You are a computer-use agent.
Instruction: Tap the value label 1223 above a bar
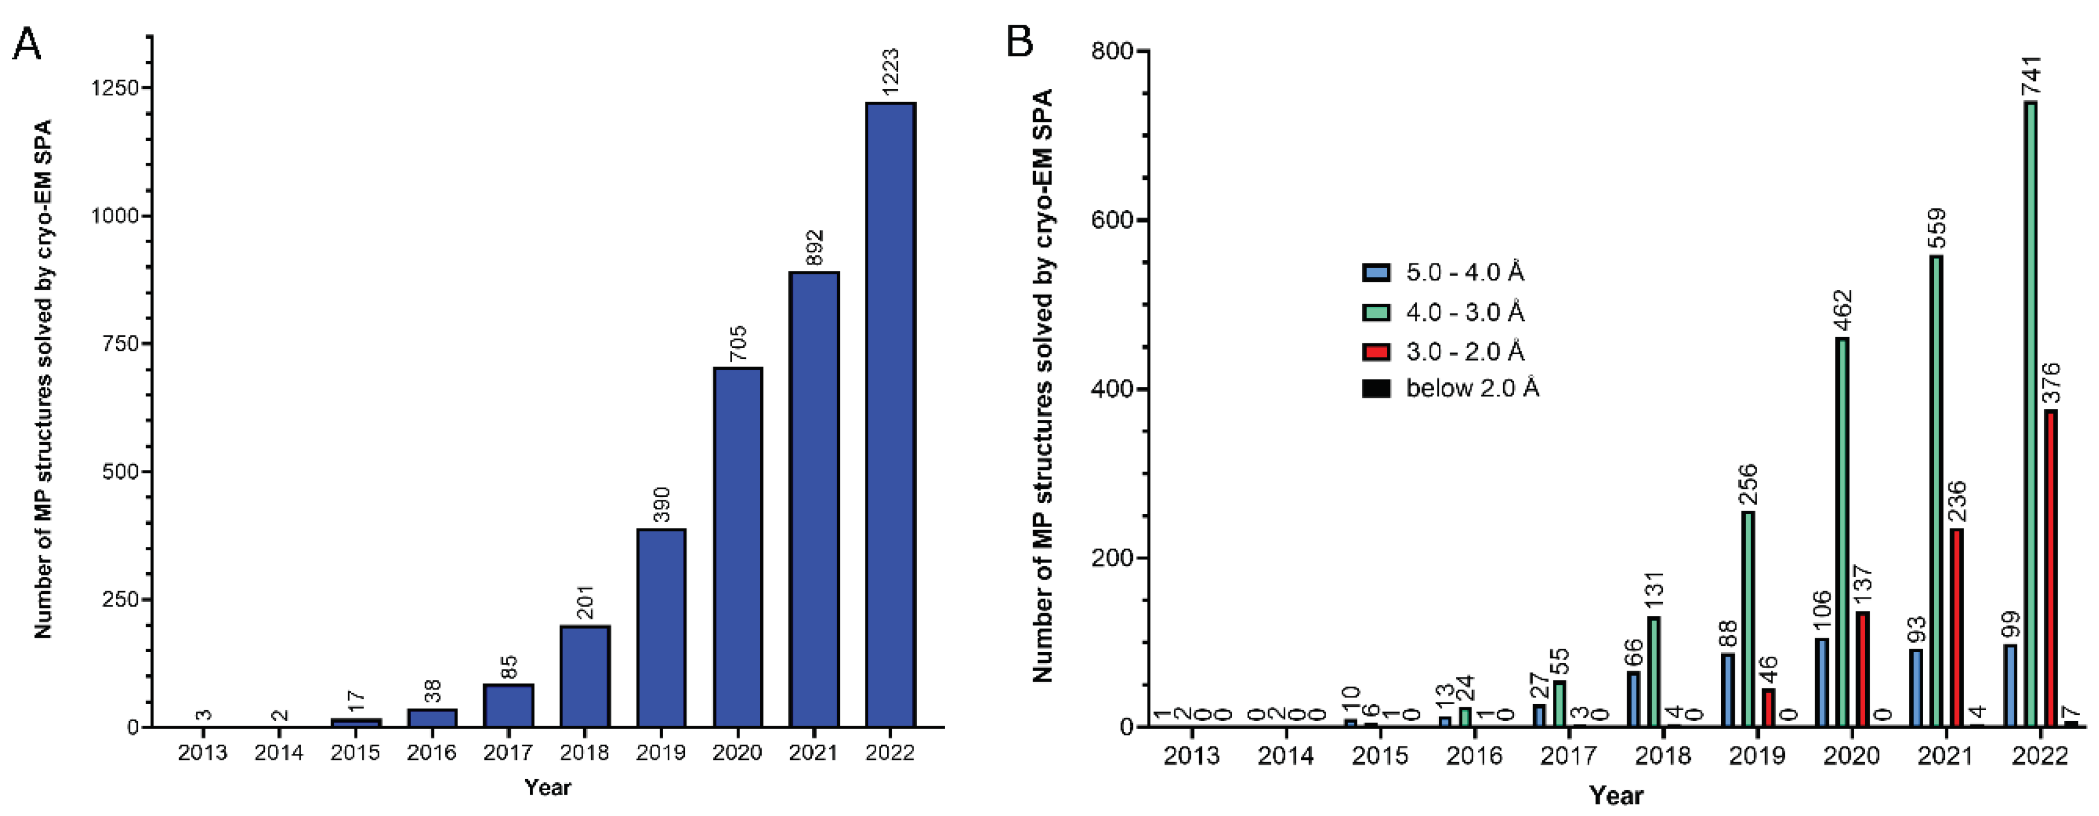click(x=891, y=72)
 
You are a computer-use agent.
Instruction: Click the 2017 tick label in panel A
click(x=507, y=752)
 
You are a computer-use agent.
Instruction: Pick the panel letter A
click(x=27, y=45)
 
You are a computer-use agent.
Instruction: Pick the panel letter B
click(x=1020, y=41)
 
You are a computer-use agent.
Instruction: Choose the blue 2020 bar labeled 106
click(x=1822, y=683)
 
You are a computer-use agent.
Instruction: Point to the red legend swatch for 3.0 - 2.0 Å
click(x=1376, y=351)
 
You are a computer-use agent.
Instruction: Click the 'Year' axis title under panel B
click(x=1616, y=795)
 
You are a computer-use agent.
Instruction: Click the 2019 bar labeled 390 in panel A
click(x=661, y=628)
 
